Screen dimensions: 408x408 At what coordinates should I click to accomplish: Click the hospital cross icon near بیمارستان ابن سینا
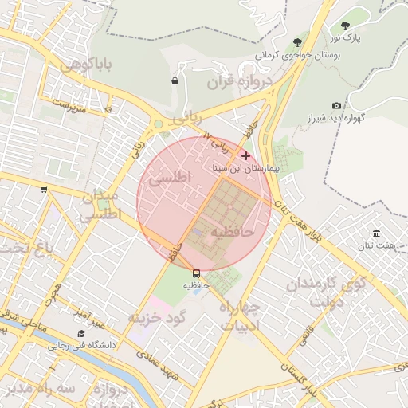click(245, 156)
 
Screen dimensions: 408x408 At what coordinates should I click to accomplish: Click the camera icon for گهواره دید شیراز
click(336, 106)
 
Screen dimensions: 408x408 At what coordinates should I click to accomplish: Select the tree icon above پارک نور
click(345, 25)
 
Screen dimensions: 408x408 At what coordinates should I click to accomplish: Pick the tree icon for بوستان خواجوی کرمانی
click(297, 41)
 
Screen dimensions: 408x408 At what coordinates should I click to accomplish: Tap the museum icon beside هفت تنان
click(376, 233)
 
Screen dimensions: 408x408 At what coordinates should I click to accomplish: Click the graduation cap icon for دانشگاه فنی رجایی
click(80, 334)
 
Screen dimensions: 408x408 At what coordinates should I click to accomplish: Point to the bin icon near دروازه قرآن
click(175, 80)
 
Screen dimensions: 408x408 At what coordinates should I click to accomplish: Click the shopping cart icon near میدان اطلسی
click(44, 189)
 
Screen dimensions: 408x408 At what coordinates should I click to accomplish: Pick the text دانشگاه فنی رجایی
click(83, 346)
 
